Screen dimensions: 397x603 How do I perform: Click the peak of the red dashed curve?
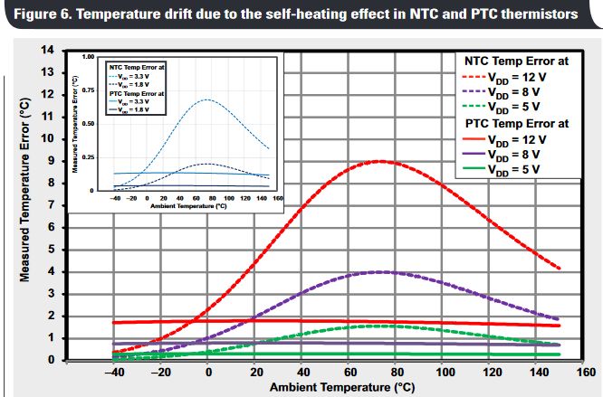click(x=380, y=161)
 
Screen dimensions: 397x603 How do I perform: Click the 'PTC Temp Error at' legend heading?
click(x=517, y=123)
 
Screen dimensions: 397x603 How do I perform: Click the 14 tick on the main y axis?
click(x=47, y=50)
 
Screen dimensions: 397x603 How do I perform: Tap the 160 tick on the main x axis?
click(x=586, y=372)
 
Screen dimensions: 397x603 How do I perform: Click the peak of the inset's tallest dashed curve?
click(x=207, y=99)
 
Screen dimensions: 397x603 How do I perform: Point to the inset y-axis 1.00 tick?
click(x=89, y=57)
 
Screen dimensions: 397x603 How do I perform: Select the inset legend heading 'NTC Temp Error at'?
click(x=137, y=67)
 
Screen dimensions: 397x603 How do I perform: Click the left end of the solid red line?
click(x=112, y=322)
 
